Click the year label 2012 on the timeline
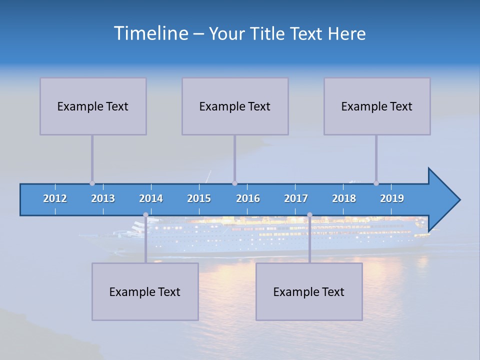click(55, 198)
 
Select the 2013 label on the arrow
click(103, 198)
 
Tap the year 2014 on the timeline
click(151, 198)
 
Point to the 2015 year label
click(199, 198)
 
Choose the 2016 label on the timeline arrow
click(248, 198)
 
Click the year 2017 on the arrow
click(296, 198)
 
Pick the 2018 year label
click(344, 198)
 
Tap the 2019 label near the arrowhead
click(392, 198)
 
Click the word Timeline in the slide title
click(150, 33)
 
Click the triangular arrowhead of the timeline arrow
click(442, 199)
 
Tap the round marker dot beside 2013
click(92, 183)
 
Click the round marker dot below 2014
click(145, 215)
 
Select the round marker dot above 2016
click(234, 183)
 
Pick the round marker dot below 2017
click(309, 215)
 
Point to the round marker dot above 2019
click(376, 183)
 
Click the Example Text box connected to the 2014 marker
click(145, 291)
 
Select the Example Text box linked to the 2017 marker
click(309, 291)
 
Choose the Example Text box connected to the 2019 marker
click(377, 106)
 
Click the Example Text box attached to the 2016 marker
click(235, 106)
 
